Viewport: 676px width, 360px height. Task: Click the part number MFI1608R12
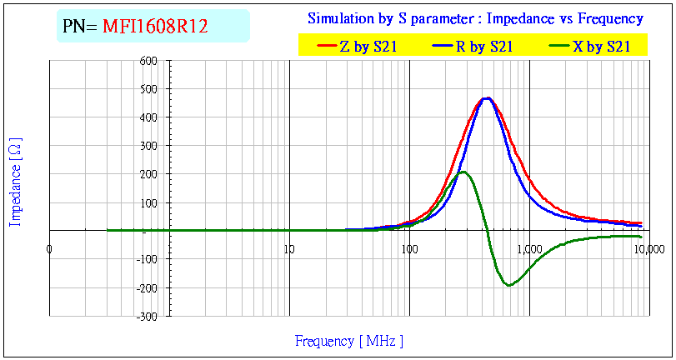[x=154, y=27]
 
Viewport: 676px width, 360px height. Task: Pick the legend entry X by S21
[x=600, y=47]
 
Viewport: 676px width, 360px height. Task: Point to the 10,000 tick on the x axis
[x=648, y=248]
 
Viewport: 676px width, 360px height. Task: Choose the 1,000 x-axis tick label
[x=529, y=248]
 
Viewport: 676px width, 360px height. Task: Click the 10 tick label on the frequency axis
[x=289, y=248]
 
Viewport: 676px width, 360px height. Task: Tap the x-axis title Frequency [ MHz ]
[x=348, y=341]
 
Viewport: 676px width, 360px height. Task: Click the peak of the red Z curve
[x=486, y=98]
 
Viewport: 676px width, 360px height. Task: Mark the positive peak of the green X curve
[x=463, y=172]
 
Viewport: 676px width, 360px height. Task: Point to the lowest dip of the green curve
[x=508, y=285]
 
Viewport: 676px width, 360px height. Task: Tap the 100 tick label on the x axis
[x=409, y=248]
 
